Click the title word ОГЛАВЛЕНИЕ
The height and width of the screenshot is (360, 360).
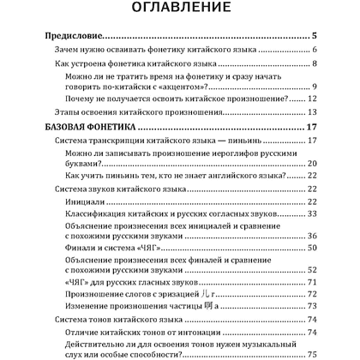(x=179, y=9)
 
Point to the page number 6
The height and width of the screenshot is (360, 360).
(x=315, y=51)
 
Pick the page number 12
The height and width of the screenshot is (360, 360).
(x=313, y=99)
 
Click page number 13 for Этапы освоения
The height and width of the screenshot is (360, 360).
(x=313, y=112)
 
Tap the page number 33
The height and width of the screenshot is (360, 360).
(x=313, y=212)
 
